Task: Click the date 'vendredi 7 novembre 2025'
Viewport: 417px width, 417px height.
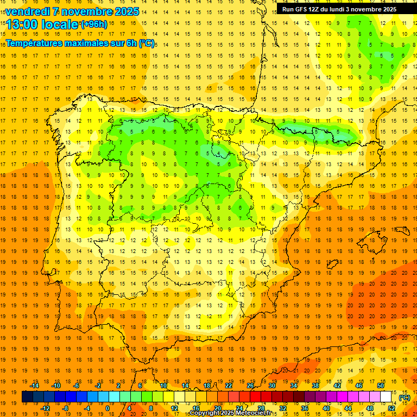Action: [x=72, y=11]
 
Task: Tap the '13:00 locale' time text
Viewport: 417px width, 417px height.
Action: [x=42, y=24]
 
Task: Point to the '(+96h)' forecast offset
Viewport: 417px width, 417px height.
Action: [x=94, y=24]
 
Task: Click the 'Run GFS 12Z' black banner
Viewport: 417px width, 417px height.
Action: [x=339, y=9]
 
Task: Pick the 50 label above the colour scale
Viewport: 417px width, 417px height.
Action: [x=381, y=386]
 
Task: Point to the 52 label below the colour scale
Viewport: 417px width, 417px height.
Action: [x=391, y=408]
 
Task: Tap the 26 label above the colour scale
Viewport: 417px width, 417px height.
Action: [x=250, y=386]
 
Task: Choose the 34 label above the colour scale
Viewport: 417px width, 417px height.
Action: [x=294, y=386]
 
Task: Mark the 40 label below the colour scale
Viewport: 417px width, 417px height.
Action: [x=326, y=408]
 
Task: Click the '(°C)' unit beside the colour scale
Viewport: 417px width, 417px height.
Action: [x=405, y=397]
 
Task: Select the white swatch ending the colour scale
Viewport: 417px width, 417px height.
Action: [x=386, y=397]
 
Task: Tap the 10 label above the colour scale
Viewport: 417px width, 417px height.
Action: [x=163, y=386]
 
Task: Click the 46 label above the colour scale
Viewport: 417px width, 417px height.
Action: [x=359, y=386]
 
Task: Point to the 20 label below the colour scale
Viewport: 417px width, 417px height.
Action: [x=218, y=408]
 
